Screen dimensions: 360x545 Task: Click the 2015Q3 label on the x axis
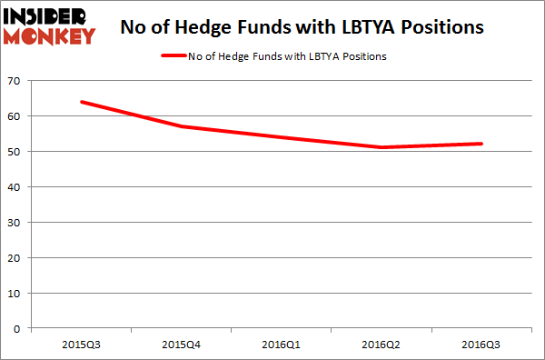click(x=81, y=345)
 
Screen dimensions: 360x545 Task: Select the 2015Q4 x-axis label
click(x=181, y=345)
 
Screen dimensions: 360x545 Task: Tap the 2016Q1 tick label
click(x=282, y=345)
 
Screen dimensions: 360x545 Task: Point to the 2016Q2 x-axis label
click(x=381, y=345)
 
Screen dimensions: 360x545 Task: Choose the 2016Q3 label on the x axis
click(x=481, y=345)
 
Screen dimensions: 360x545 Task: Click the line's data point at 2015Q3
click(x=82, y=102)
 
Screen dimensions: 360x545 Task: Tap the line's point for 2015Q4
click(x=182, y=126)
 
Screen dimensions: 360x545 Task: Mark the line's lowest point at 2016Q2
click(x=381, y=147)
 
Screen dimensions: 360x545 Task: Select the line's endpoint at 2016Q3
click(x=481, y=144)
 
